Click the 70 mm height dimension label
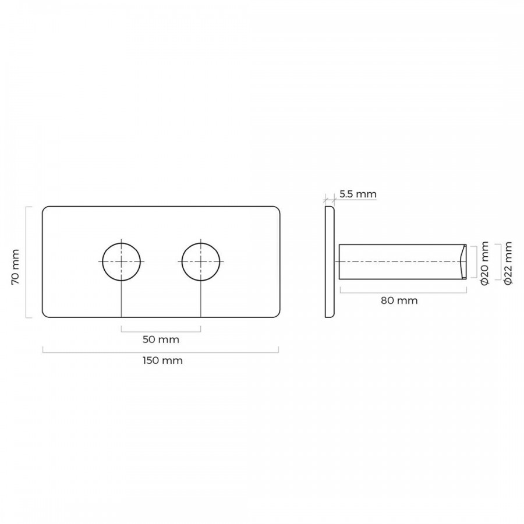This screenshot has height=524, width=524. pyautogui.click(x=15, y=267)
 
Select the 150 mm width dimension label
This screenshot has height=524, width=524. pyautogui.click(x=163, y=360)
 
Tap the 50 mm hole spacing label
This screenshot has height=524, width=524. pyautogui.click(x=161, y=339)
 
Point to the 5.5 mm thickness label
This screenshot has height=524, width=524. pyautogui.click(x=358, y=194)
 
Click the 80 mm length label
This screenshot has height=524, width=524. pyautogui.click(x=399, y=301)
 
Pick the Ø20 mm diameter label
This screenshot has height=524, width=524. pyautogui.click(x=484, y=263)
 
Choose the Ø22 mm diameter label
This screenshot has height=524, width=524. pyautogui.click(x=508, y=263)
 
